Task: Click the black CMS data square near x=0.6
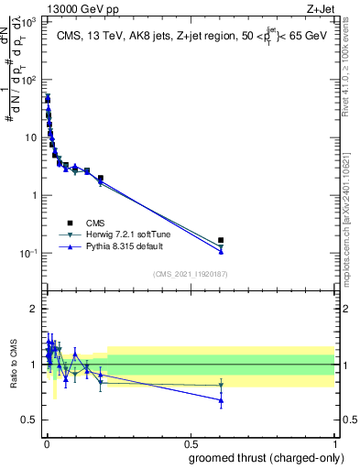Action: click(x=221, y=241)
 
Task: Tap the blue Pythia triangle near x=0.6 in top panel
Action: click(x=221, y=251)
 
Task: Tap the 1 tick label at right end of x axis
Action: click(x=334, y=442)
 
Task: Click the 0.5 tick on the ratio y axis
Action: click(x=31, y=420)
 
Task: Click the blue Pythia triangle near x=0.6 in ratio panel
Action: click(x=221, y=400)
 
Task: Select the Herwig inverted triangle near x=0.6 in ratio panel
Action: click(x=221, y=386)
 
